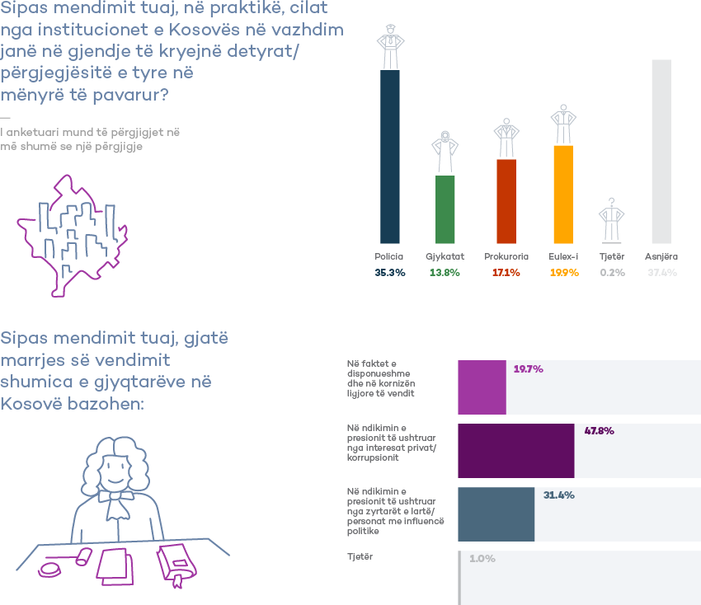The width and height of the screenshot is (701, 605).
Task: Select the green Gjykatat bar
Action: tap(445, 209)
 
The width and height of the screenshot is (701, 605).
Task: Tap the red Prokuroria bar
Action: tap(506, 200)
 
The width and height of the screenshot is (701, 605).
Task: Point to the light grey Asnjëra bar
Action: tap(661, 151)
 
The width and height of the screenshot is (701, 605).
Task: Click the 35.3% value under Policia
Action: tap(390, 272)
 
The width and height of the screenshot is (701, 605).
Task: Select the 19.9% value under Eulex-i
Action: tap(563, 272)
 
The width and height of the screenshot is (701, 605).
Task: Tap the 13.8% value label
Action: tap(445, 272)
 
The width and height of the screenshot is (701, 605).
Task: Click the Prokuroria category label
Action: tap(506, 256)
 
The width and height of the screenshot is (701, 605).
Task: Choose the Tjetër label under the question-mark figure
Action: tap(611, 256)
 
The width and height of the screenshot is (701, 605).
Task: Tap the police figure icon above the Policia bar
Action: tap(389, 48)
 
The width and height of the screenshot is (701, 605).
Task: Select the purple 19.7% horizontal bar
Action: tap(482, 387)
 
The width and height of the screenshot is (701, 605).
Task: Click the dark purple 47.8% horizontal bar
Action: tap(515, 450)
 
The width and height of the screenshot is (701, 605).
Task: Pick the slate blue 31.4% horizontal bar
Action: tap(496, 514)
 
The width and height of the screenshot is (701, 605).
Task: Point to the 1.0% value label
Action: tap(482, 558)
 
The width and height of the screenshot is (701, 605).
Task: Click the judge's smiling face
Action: tap(115, 470)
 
